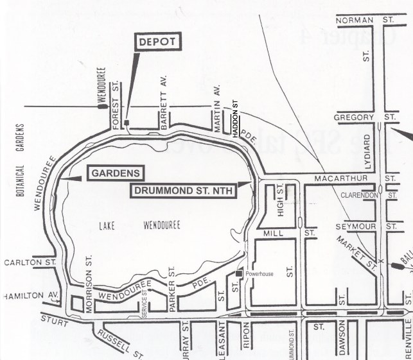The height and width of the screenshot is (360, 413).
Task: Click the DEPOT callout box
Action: click(x=158, y=43)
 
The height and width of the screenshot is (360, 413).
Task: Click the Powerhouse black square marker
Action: click(x=239, y=274)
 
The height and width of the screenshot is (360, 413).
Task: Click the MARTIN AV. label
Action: click(x=218, y=102)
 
